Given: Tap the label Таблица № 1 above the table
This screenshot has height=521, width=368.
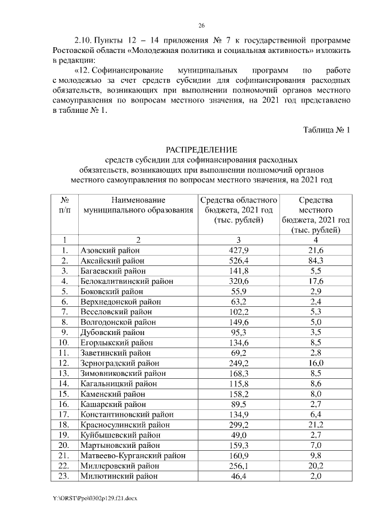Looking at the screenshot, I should [x=327, y=130].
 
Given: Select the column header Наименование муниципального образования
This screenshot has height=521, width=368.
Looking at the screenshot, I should [x=138, y=205].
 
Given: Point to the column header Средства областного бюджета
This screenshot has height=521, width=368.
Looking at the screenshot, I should [x=238, y=210].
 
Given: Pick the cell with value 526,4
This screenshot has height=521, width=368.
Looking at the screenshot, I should [x=238, y=261].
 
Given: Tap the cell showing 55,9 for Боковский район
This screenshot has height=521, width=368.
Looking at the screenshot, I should [x=238, y=292].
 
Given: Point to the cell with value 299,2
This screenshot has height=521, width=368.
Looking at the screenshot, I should [x=238, y=425].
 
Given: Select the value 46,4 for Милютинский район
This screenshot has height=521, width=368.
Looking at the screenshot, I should [x=238, y=476].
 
